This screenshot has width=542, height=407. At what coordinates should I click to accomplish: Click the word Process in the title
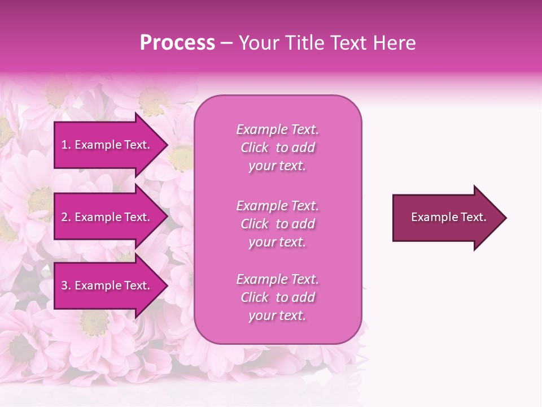pyautogui.click(x=177, y=43)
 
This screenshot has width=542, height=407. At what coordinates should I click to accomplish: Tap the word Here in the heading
pyautogui.click(x=394, y=43)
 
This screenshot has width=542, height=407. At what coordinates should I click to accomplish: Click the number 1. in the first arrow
pyautogui.click(x=66, y=145)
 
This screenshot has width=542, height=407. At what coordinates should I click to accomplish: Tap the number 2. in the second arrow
pyautogui.click(x=66, y=217)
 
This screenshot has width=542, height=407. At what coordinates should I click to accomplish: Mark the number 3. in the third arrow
pyautogui.click(x=66, y=285)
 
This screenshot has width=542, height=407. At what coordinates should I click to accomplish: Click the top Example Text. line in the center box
pyautogui.click(x=277, y=129)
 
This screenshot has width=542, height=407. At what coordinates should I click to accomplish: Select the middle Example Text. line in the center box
pyautogui.click(x=277, y=205)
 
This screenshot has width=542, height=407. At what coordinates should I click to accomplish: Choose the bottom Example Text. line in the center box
pyautogui.click(x=277, y=279)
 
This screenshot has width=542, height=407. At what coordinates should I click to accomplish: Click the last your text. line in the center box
pyautogui.click(x=277, y=316)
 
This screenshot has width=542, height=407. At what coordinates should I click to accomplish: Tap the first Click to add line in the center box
pyautogui.click(x=277, y=148)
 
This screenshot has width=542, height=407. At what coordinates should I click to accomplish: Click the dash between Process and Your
pyautogui.click(x=227, y=44)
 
